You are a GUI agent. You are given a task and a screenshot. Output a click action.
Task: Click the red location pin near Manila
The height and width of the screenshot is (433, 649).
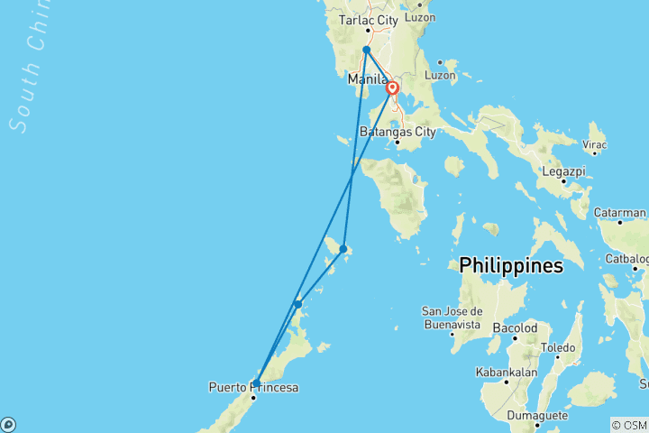click(393, 88)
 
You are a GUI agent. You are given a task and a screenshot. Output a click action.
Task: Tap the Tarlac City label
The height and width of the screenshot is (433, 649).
click(368, 19)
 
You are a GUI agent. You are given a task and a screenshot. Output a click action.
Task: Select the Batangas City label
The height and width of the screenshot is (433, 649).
click(398, 132)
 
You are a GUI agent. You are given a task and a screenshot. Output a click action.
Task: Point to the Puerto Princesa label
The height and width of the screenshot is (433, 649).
click(253, 388)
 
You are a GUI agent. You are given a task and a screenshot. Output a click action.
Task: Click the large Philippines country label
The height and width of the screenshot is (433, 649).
click(511, 266)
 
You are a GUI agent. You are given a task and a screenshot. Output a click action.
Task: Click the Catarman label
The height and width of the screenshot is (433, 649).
click(620, 212)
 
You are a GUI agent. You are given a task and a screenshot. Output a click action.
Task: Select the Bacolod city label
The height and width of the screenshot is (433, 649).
click(515, 328)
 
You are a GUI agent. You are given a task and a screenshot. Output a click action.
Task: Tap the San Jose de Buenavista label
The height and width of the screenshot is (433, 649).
click(456, 318)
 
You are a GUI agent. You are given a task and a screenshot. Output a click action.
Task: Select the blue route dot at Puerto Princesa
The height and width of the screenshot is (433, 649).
click(257, 383)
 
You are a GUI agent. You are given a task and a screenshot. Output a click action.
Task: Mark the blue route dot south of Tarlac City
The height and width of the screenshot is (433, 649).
click(367, 51)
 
